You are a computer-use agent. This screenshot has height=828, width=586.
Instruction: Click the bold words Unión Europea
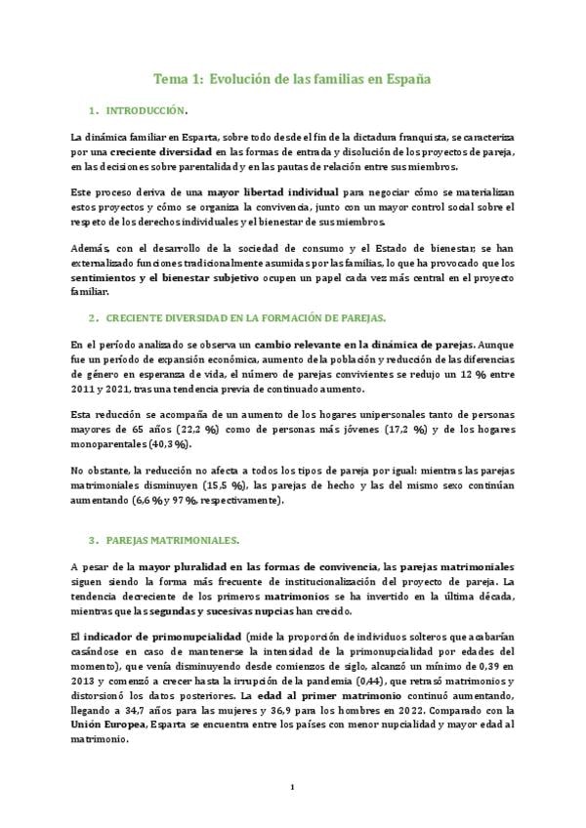(110, 725)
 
